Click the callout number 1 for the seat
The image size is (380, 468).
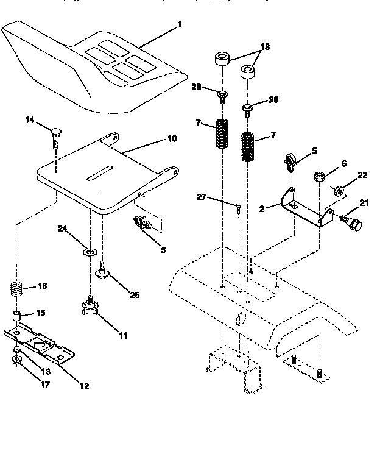tap(179, 25)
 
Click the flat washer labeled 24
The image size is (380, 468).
tap(90, 251)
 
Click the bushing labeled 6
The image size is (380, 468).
tap(318, 177)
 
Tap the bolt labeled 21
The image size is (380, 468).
tap(352, 222)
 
